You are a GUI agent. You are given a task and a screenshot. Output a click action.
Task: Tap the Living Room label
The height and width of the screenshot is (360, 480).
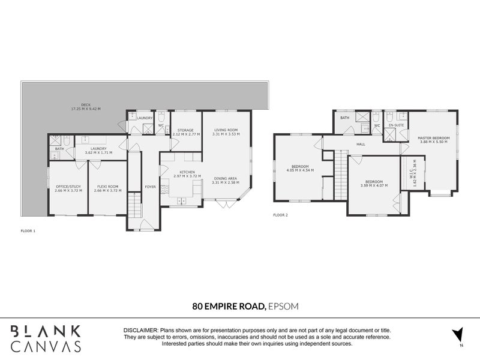[227, 130]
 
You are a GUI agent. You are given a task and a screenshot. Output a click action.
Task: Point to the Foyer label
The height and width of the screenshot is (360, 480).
[150, 187]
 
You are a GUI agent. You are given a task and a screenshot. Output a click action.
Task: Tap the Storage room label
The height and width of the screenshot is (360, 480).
[185, 130]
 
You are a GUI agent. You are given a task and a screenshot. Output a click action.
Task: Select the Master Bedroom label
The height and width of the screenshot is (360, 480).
[434, 137]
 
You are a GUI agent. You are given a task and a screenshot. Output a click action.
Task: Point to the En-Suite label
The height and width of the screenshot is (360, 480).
[396, 125]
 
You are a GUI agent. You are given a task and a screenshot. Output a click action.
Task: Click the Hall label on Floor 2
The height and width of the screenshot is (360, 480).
[361, 144]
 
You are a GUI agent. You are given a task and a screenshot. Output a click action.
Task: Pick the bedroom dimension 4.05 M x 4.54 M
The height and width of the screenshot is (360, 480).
[300, 170]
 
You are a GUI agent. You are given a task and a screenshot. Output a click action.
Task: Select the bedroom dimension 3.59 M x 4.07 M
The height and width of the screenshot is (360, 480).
[374, 185]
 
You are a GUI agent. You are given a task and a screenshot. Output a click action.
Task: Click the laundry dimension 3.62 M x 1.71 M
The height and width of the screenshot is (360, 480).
[98, 152]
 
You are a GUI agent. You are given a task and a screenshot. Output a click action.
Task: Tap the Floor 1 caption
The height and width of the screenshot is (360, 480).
[28, 230]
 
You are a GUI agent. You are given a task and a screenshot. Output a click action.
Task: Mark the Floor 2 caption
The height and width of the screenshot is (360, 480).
[281, 214]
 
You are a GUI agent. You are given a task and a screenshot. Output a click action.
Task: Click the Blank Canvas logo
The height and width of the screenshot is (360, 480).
[46, 338]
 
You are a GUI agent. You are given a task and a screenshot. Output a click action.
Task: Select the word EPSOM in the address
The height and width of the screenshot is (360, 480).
[283, 306]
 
